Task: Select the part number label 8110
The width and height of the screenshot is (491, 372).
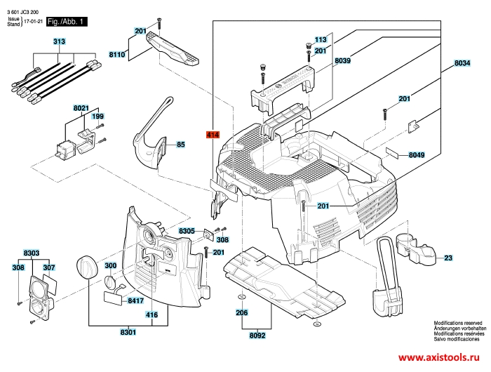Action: [x=117, y=54]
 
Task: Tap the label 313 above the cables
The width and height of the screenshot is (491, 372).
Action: [x=59, y=43]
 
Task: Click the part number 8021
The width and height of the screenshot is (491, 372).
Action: [x=81, y=108]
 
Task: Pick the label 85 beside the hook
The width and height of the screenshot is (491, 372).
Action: [x=180, y=145]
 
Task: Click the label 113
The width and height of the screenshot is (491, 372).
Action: [x=321, y=39]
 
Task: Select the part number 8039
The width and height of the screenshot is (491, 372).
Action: [x=342, y=62]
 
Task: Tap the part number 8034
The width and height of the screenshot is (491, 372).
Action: [x=461, y=63]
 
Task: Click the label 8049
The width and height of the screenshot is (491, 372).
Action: [x=417, y=154]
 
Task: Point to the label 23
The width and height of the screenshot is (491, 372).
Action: [x=448, y=258]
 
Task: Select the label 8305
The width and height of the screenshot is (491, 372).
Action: [x=187, y=230]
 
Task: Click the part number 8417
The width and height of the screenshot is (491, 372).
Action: [x=136, y=300]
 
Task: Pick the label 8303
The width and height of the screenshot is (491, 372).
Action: [x=32, y=252]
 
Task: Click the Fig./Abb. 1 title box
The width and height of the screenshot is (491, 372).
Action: [x=65, y=22]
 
